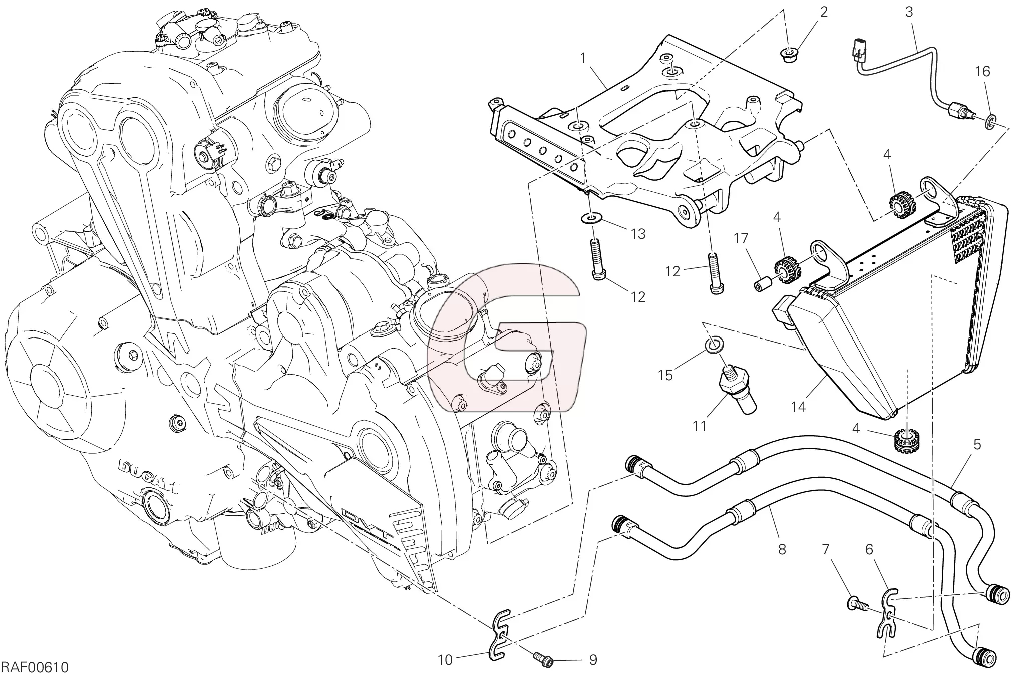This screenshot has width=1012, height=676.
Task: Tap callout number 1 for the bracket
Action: point(583,59)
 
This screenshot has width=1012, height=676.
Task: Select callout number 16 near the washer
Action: point(982,72)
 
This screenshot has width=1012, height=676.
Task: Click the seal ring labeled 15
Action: point(714,344)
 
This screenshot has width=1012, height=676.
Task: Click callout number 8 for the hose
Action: point(782,549)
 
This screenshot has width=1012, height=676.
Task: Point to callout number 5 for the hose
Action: point(977,444)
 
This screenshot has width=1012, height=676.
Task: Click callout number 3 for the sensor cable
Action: point(909,12)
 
